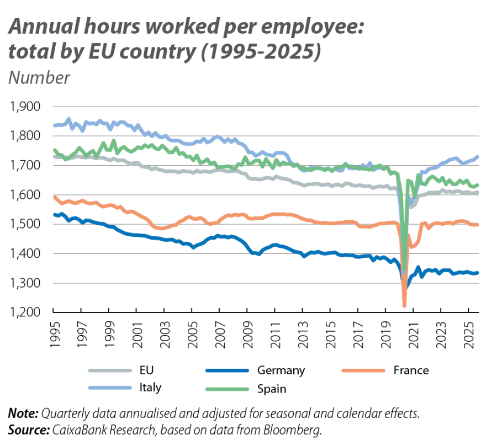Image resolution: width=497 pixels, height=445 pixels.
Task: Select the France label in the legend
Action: [411, 370]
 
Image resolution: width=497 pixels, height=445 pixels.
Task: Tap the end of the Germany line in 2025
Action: [478, 272]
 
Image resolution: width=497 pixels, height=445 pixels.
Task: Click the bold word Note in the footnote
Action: [22, 413]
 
